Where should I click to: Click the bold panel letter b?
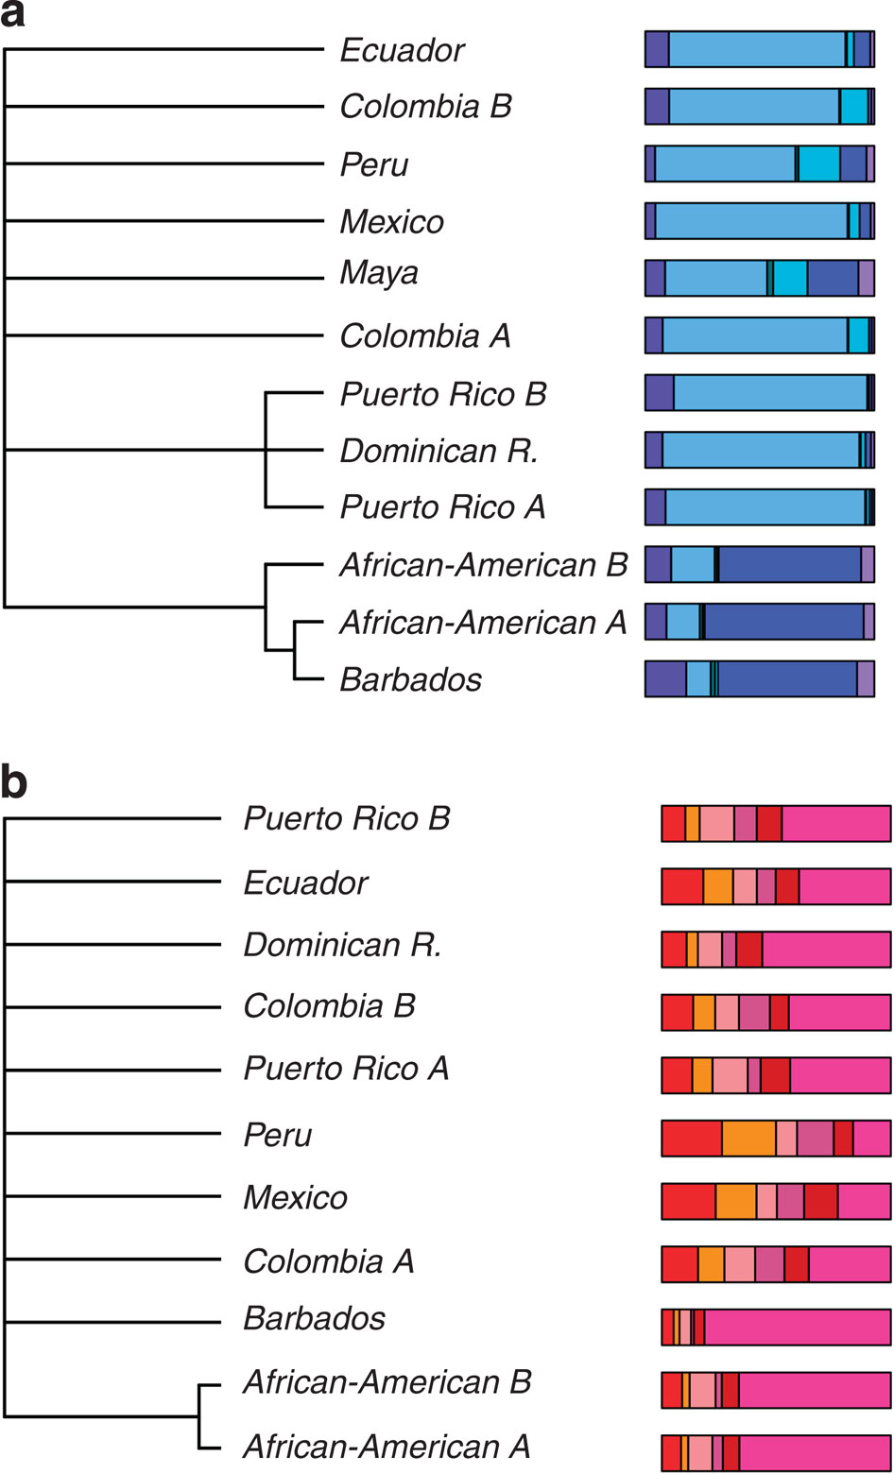click(14, 782)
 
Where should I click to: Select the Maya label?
click(379, 273)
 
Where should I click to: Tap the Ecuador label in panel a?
click(402, 50)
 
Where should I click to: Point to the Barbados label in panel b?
click(314, 1318)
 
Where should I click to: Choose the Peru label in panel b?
click(277, 1135)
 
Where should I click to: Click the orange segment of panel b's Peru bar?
click(748, 1138)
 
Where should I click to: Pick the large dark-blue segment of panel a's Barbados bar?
click(787, 679)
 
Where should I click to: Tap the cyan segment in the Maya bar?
click(790, 278)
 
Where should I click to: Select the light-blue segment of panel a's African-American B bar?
click(692, 564)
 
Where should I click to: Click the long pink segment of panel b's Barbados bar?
click(797, 1326)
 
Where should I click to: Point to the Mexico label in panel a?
click(391, 222)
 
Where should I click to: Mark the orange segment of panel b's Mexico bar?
click(735, 1201)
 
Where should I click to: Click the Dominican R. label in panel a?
click(438, 451)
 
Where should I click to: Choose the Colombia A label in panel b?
click(328, 1260)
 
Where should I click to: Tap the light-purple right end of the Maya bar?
click(866, 278)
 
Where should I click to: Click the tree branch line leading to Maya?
click(165, 278)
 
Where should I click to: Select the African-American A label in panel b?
click(387, 1446)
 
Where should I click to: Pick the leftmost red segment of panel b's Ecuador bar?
click(682, 886)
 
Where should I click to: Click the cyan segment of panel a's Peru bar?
click(819, 163)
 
